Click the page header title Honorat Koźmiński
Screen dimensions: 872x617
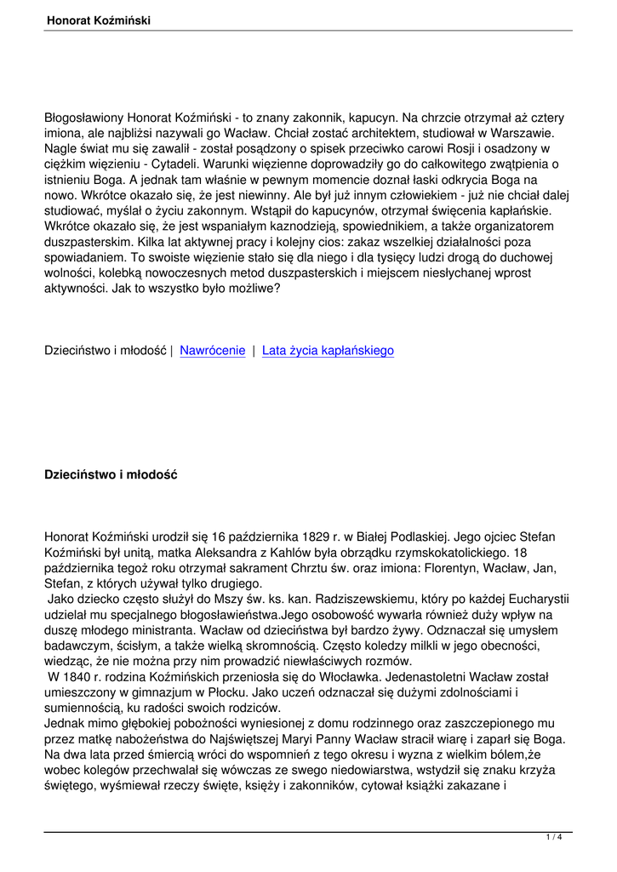[100, 20]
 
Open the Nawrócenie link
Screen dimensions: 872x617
[213, 350]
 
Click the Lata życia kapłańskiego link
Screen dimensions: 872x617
[328, 350]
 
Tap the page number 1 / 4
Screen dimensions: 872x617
[554, 837]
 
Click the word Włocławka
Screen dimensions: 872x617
[353, 676]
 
